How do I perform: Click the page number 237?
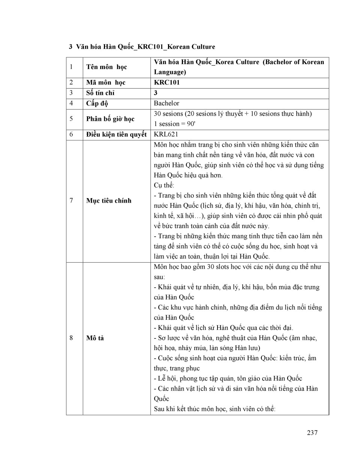coord(312,433)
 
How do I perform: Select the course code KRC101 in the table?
coord(166,83)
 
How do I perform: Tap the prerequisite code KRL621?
coord(166,134)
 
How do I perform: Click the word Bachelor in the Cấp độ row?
coord(166,103)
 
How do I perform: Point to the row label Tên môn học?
coord(106,67)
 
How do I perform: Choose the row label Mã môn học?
coord(106,83)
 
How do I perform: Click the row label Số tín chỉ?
coord(100,93)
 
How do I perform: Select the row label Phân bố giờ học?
coord(110,119)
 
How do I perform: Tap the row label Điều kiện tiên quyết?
coord(116,134)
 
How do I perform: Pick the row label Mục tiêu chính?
coord(109,201)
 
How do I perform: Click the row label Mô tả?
coord(95,338)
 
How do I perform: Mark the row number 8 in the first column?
coord(71,338)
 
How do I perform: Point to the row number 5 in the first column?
coord(71,119)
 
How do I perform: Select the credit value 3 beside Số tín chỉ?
coord(156,93)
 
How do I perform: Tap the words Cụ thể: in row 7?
coord(164,185)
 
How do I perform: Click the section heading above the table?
coord(142,47)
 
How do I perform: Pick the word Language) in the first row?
coord(170,72)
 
